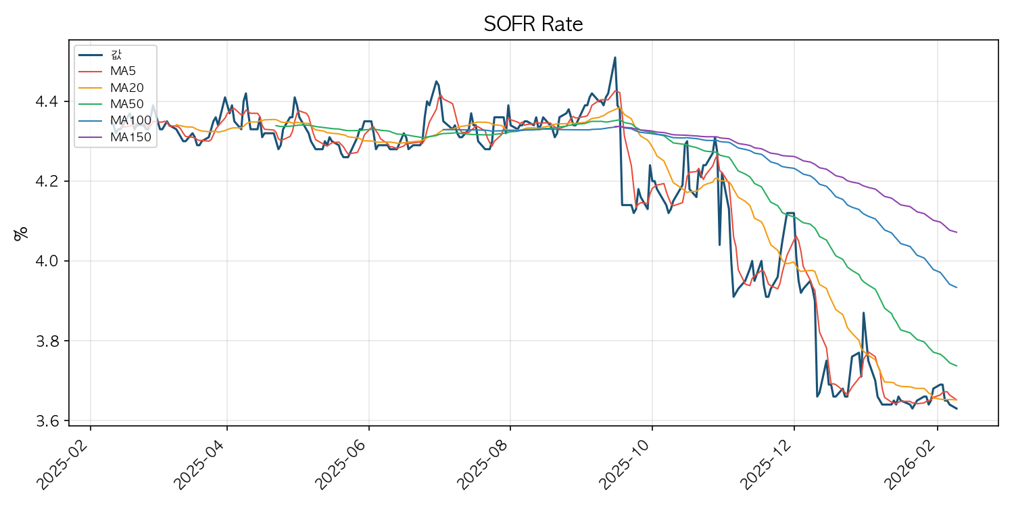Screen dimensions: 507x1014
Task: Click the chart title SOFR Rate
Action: point(533,24)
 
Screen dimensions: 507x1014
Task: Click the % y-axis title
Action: point(21,233)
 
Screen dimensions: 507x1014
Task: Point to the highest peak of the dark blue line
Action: point(614,57)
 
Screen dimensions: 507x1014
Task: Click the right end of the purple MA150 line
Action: point(957,232)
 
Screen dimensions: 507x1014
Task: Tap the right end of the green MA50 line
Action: point(957,366)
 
